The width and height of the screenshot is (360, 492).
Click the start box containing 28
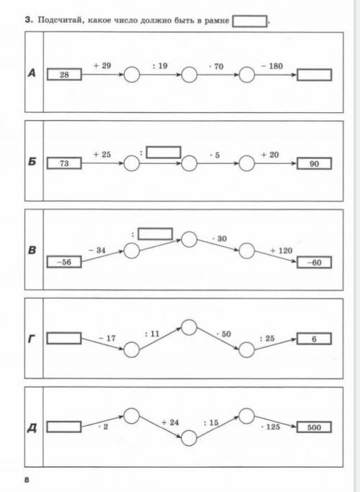64,75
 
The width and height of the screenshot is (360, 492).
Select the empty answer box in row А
314,75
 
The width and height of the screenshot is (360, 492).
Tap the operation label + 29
102,65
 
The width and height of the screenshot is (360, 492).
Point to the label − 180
272,66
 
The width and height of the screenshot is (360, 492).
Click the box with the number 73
64,163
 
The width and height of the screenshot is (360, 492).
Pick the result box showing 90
314,164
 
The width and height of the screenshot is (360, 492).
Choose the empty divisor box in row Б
163,152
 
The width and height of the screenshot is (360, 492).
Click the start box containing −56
64,262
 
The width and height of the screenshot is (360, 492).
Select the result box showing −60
314,263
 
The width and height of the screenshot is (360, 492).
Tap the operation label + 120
282,250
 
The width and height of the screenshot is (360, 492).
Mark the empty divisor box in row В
156,234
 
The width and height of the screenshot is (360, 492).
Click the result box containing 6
314,339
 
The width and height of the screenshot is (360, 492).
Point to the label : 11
153,334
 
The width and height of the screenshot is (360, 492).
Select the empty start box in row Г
64,338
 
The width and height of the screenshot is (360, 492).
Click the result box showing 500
314,427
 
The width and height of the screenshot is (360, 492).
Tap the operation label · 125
271,427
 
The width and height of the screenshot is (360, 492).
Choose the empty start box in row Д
64,427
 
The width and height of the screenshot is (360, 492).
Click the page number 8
27,480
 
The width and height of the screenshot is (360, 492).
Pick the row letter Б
32,162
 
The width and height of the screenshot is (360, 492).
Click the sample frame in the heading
250,22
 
